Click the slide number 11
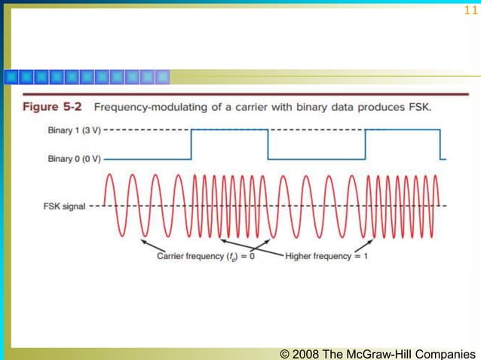click(x=470, y=11)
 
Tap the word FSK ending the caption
click(x=418, y=107)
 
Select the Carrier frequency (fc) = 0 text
click(x=206, y=257)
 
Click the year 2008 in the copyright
click(x=305, y=353)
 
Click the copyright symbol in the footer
click(x=284, y=353)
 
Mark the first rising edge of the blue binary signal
click(x=191, y=144)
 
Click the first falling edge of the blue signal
click(x=268, y=144)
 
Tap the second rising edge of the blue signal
click(x=365, y=144)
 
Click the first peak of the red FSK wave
click(x=110, y=176)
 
